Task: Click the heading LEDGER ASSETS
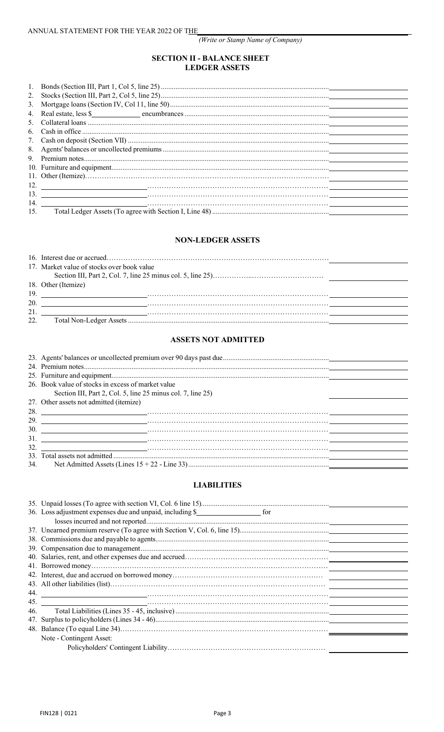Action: (x=217, y=68)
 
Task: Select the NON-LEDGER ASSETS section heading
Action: (x=217, y=240)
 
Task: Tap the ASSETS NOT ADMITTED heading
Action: (x=217, y=340)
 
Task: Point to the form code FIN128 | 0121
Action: (x=62, y=713)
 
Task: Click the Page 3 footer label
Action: (x=222, y=713)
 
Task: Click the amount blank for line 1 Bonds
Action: (x=368, y=86)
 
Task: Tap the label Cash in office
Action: (x=61, y=131)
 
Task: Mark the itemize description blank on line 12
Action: (x=94, y=186)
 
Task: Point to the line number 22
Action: (x=32, y=321)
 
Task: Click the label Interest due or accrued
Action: (x=74, y=258)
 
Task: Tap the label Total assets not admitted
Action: (x=77, y=456)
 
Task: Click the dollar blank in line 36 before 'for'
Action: (x=229, y=512)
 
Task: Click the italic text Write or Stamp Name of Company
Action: (x=251, y=40)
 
